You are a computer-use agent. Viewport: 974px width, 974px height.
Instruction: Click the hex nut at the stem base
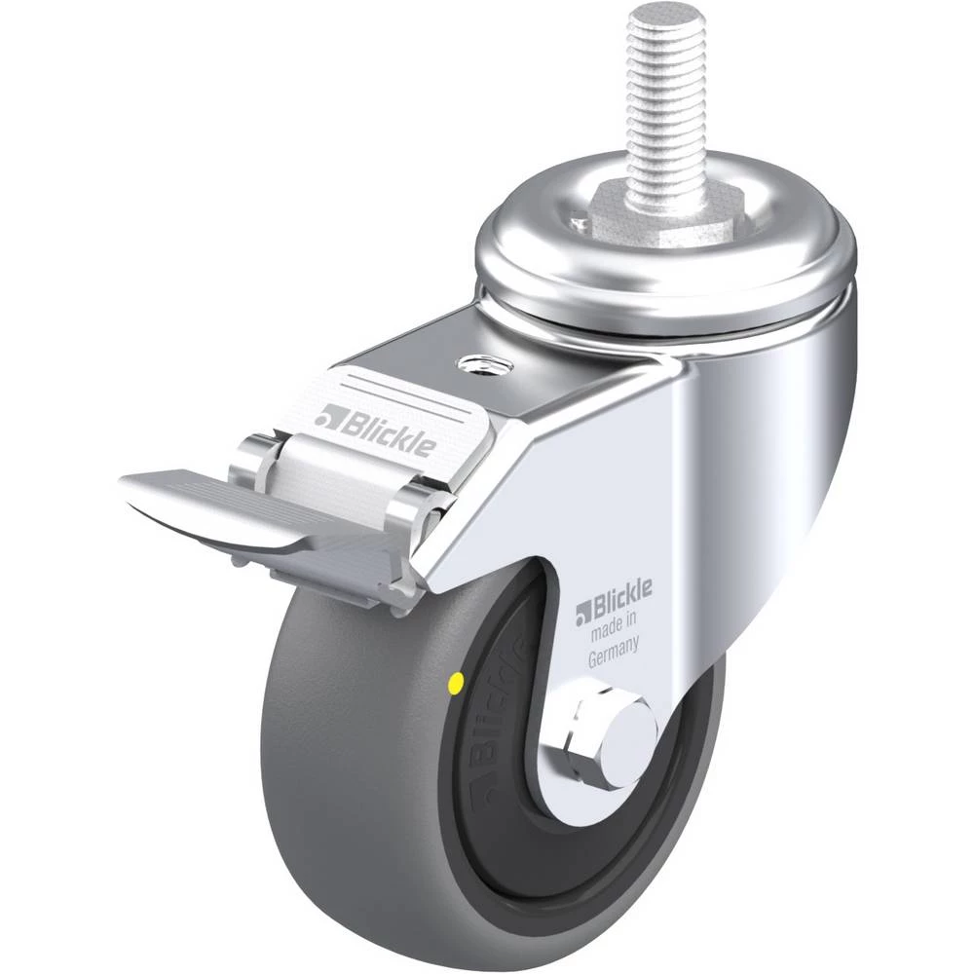668,216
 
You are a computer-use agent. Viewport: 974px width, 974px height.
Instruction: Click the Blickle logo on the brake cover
375,427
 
